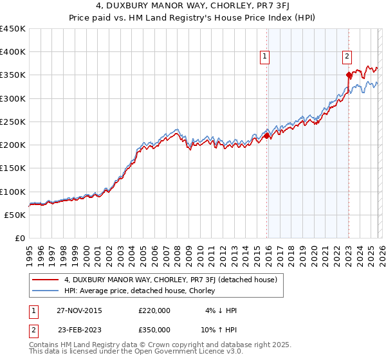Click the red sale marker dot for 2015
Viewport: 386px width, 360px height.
(x=266, y=136)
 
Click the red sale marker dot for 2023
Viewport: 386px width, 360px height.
(x=349, y=75)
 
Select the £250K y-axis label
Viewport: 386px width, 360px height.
(x=13, y=122)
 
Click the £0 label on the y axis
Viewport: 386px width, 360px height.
(x=19, y=238)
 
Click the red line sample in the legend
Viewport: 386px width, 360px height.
(x=45, y=280)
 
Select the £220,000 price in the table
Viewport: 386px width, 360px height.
(x=154, y=310)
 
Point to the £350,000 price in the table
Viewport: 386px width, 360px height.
(x=154, y=330)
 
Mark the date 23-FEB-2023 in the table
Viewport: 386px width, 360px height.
(x=78, y=330)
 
